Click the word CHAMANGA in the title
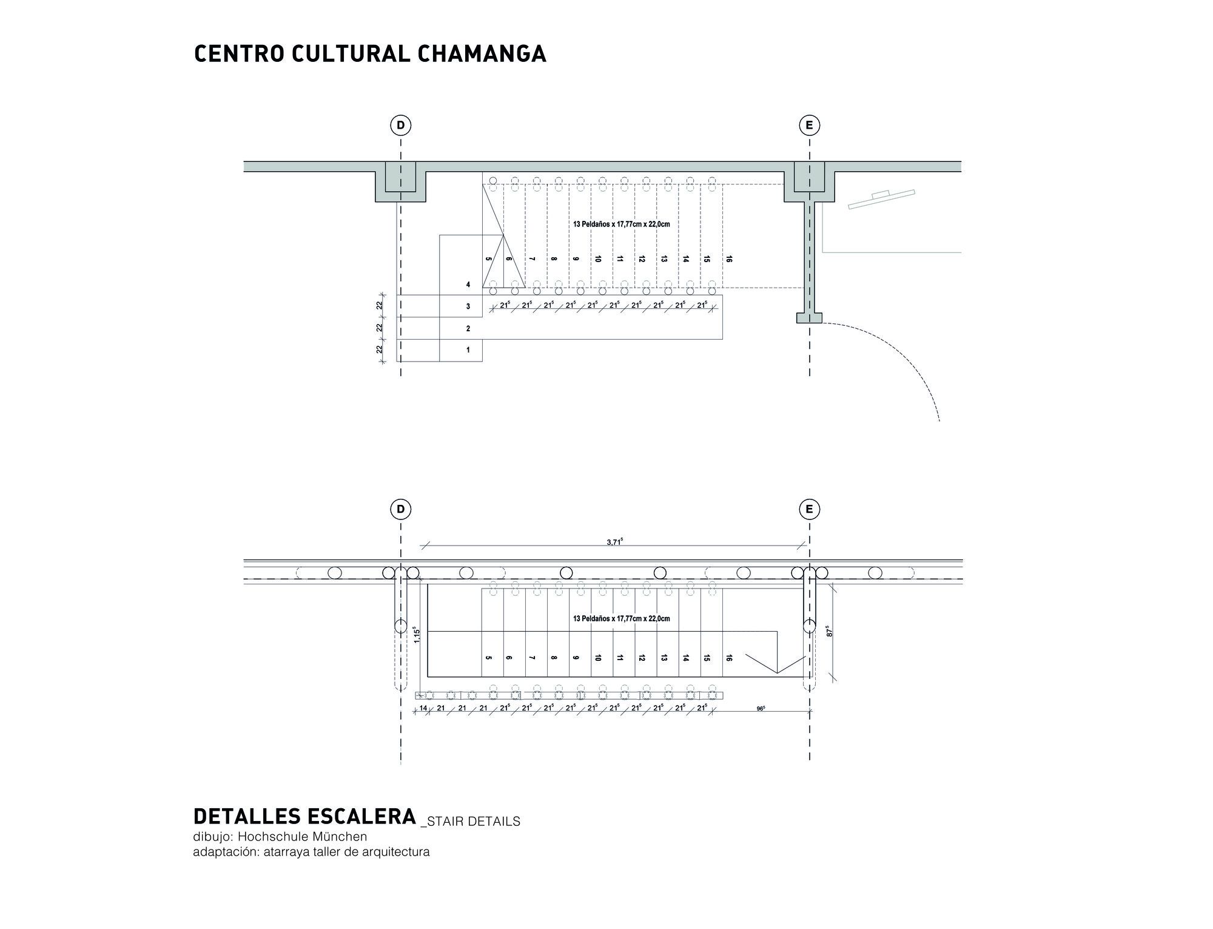click(x=482, y=53)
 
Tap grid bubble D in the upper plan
click(x=400, y=126)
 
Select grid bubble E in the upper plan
click(x=809, y=126)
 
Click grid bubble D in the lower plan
click(x=400, y=510)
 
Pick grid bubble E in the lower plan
click(x=809, y=510)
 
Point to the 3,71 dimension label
click(x=614, y=542)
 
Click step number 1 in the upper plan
click(x=468, y=350)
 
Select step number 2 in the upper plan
click(x=468, y=328)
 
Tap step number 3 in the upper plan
click(x=468, y=306)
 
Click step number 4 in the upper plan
click(x=468, y=284)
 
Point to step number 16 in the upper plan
click(x=729, y=259)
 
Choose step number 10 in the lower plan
click(x=598, y=658)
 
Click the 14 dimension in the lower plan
click(x=423, y=708)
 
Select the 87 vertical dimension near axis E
click(x=828, y=631)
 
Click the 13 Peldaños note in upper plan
click(x=621, y=224)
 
